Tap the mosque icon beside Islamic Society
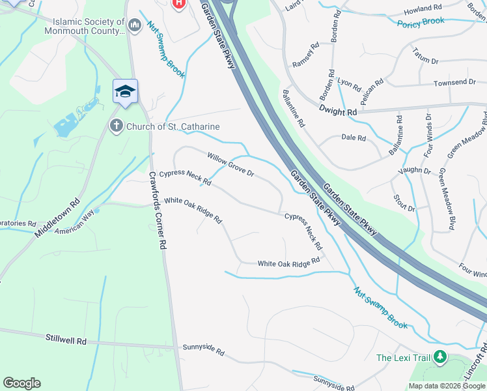click(135, 26)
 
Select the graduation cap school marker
click(125, 92)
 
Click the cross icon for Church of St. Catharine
click(117, 126)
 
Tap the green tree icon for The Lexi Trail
click(440, 357)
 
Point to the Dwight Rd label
click(339, 112)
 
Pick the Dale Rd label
click(354, 138)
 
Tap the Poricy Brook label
click(421, 22)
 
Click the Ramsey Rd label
click(306, 55)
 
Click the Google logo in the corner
click(21, 383)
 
